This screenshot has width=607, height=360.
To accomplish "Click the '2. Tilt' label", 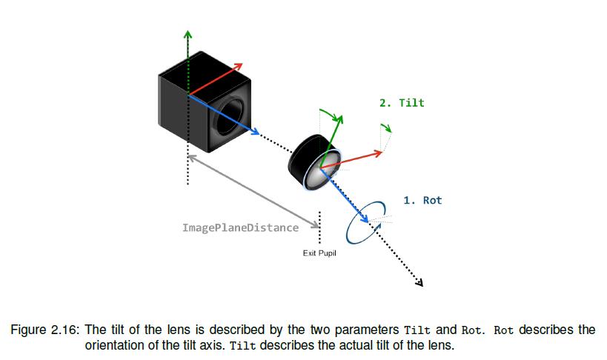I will [x=402, y=103].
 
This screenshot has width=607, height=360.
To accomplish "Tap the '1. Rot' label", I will [x=422, y=200].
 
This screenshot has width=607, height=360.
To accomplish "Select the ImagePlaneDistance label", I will [x=241, y=227].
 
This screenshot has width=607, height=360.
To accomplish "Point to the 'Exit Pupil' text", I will [x=319, y=253].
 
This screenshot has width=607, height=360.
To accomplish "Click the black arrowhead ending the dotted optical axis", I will [x=419, y=281].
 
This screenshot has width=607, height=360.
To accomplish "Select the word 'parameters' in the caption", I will [x=370, y=330].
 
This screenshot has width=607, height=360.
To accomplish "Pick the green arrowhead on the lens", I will [x=340, y=118].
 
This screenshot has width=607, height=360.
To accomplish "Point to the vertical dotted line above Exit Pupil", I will [x=319, y=227].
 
